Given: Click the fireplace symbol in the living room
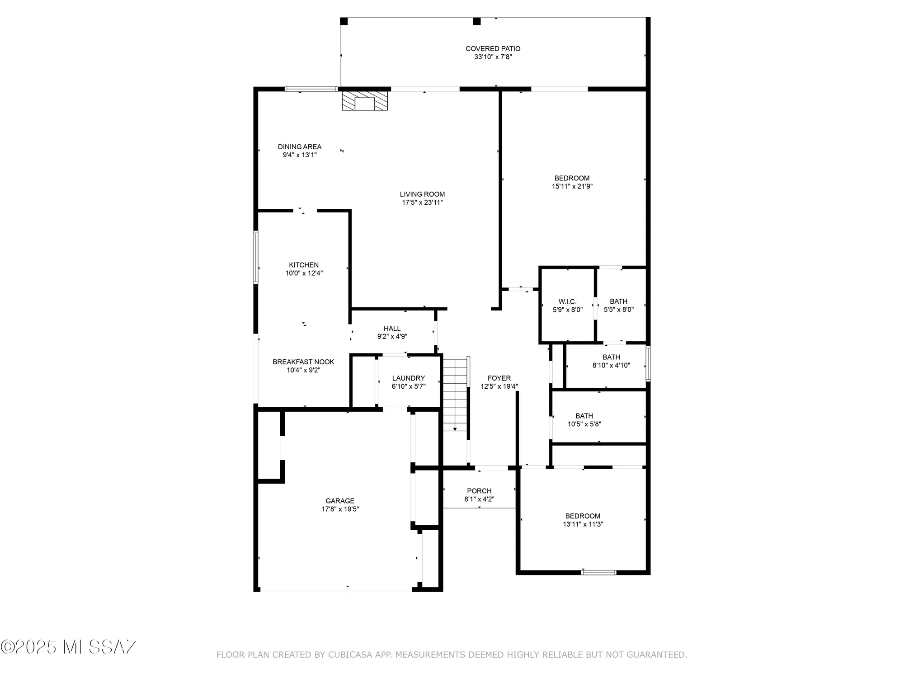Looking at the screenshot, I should click(364, 101).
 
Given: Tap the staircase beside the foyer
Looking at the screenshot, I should click(455, 394).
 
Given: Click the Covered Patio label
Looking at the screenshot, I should click(493, 49).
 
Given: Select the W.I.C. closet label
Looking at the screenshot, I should click(567, 301).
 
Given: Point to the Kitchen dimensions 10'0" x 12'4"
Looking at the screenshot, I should click(304, 273).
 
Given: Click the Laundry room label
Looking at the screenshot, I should click(408, 378).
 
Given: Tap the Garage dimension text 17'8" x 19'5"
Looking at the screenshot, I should click(340, 509).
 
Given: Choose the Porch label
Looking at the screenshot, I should click(479, 491).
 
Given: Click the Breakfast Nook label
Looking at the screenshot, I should click(303, 362).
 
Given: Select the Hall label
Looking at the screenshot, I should click(392, 329).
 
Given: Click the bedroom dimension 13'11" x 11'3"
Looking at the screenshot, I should click(583, 524).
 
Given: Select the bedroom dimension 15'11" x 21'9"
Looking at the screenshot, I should click(572, 186).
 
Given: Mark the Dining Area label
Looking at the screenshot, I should click(300, 147).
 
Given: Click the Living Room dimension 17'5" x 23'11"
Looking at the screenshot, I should click(422, 202).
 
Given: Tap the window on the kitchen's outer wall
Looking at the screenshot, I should click(256, 257).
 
